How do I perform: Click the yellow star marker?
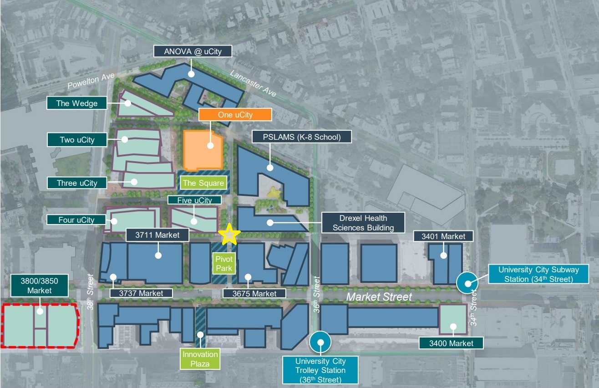pyautogui.click(x=229, y=235)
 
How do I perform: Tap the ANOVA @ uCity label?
pyautogui.click(x=193, y=51)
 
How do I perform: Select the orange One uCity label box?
pyautogui.click(x=235, y=115)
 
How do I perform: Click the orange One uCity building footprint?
pyautogui.click(x=203, y=151)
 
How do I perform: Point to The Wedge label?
pyautogui.click(x=76, y=103)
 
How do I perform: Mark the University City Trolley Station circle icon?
pyautogui.click(x=320, y=342)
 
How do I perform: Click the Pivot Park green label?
pyautogui.click(x=224, y=264)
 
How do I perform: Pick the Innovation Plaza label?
pyautogui.click(x=200, y=359)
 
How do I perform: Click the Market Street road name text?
pyautogui.click(x=379, y=297)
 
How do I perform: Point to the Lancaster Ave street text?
pyautogui.click(x=253, y=83)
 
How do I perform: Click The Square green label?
pyautogui.click(x=203, y=183)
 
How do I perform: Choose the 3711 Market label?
pyautogui.click(x=157, y=235)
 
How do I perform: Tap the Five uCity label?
pyautogui.click(x=195, y=200)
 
